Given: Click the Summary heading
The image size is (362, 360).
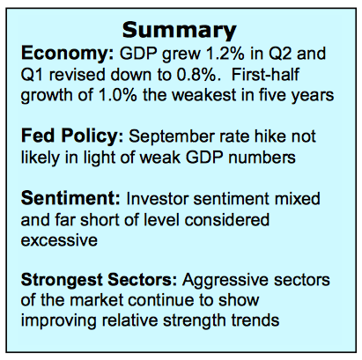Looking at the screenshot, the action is click(179, 31).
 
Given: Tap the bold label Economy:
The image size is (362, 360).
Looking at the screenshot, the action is click(68, 55).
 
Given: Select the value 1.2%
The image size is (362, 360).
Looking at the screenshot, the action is click(225, 54).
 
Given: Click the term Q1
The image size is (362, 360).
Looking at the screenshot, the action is click(32, 75).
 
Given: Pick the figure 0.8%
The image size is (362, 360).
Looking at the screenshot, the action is click(198, 75).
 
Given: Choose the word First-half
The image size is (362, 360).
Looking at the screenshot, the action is click(265, 75).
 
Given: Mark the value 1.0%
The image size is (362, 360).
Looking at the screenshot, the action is click(118, 95).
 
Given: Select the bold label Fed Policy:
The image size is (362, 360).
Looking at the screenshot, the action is click(72, 137).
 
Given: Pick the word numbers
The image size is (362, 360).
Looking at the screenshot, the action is click(262, 158).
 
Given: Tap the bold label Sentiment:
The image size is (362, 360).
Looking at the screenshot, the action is click(70, 198).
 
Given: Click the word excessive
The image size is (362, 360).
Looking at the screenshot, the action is click(59, 240).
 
